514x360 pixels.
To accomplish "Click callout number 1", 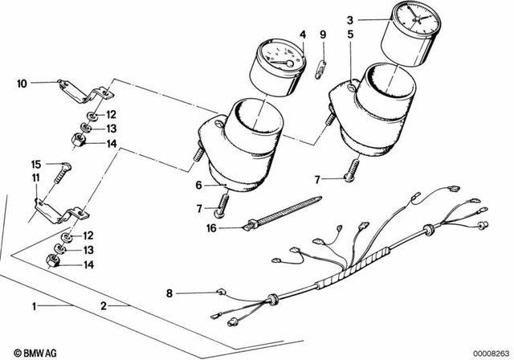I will pyautogui.click(x=34, y=306).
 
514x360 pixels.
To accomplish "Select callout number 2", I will pyautogui.click(x=103, y=306).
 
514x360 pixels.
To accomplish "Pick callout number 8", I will pyautogui.click(x=169, y=292).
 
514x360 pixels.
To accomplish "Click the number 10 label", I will pyautogui.click(x=22, y=82).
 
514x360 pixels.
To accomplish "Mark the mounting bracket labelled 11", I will pyautogui.click(x=56, y=211).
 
